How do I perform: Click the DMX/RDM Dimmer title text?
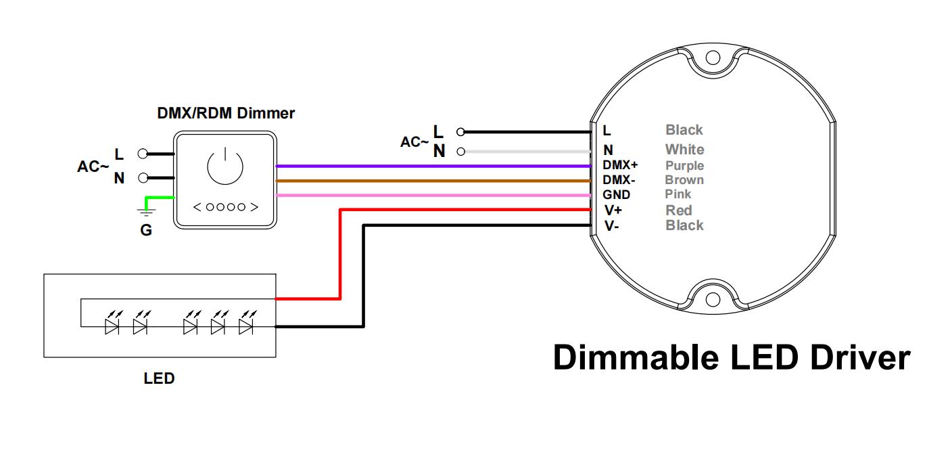click(x=226, y=113)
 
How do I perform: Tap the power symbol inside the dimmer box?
click(x=225, y=167)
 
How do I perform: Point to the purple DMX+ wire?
click(x=433, y=166)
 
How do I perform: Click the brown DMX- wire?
click(x=433, y=181)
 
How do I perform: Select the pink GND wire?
click(x=433, y=196)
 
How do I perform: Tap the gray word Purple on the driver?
click(x=684, y=166)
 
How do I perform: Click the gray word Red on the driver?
click(x=679, y=211)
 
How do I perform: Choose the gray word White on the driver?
click(x=684, y=150)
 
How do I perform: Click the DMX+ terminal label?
click(x=620, y=165)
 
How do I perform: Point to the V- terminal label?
click(x=611, y=226)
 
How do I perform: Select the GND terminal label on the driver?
click(x=616, y=195)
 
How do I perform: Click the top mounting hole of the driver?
click(x=713, y=58)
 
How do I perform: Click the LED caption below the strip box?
click(x=159, y=378)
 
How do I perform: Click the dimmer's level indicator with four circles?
click(x=226, y=207)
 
